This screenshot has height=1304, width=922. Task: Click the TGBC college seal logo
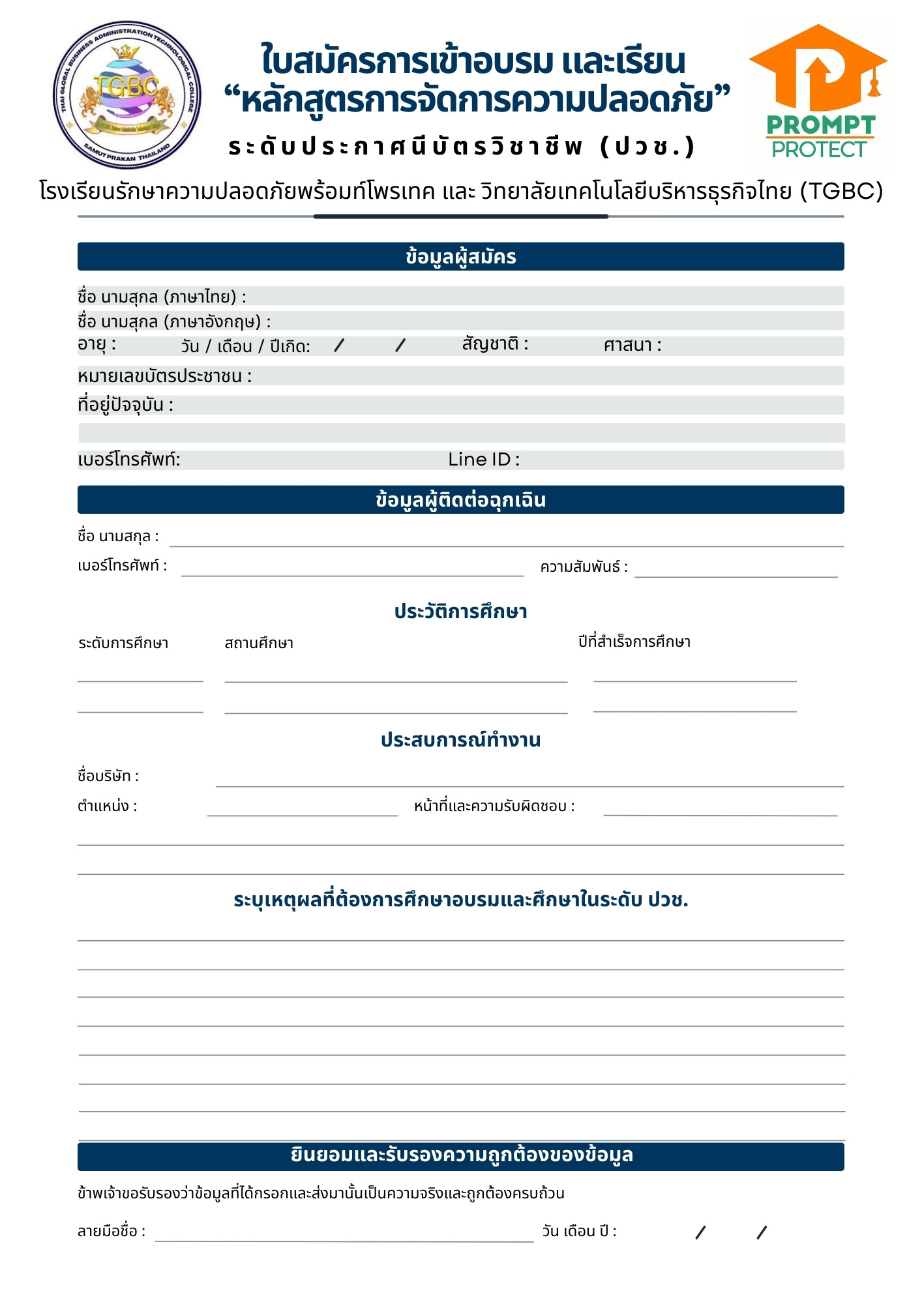[x=127, y=95]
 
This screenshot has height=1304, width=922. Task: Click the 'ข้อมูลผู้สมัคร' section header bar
[x=460, y=256]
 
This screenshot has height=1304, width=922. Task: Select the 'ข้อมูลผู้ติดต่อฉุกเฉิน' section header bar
[x=460, y=499]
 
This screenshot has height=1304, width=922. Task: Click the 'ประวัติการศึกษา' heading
[x=460, y=612]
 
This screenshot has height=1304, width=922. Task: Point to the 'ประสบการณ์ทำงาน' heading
[x=460, y=740]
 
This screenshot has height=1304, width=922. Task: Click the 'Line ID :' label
[x=483, y=460]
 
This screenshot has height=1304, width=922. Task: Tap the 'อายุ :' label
[x=97, y=344]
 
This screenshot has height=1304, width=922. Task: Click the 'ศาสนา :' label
[x=632, y=345]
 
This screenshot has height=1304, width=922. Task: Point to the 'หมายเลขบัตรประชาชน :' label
[x=164, y=376]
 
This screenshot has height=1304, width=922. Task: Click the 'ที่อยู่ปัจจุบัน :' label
[x=125, y=405]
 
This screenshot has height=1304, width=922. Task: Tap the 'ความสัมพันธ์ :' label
[x=584, y=567]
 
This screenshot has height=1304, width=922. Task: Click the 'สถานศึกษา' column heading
[x=259, y=644]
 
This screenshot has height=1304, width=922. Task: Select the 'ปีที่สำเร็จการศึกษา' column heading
[x=634, y=642]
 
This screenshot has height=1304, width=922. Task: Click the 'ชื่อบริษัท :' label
[x=108, y=776]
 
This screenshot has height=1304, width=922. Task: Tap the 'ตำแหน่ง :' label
[x=107, y=806]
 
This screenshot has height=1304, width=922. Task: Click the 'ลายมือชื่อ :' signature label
[x=112, y=1231]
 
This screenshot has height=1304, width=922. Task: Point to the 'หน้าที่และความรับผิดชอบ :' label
[x=494, y=807]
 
